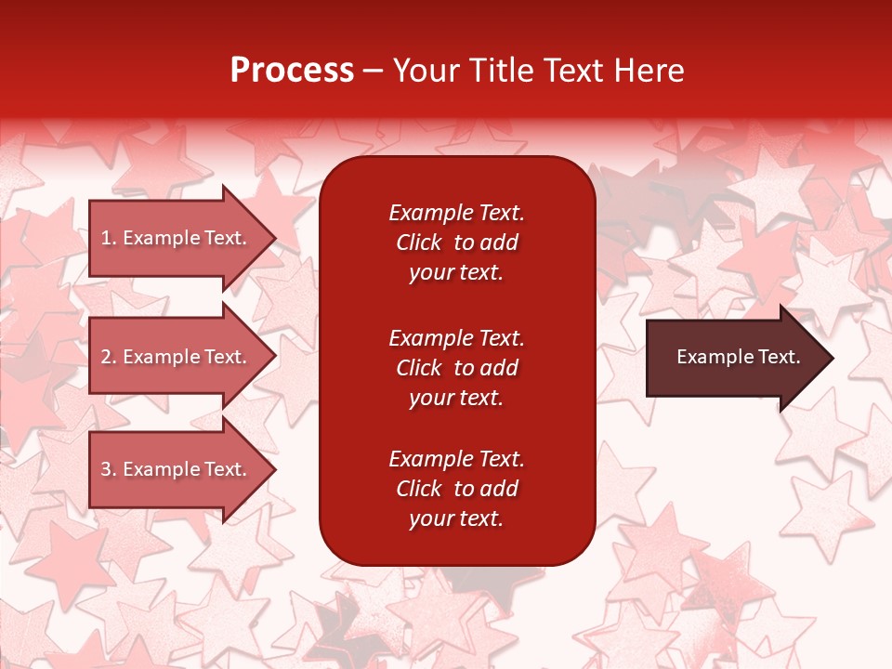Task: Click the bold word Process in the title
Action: click(x=292, y=71)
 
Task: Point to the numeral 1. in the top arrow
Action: click(x=109, y=238)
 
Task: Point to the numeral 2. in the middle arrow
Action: click(x=109, y=357)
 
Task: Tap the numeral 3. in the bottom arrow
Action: click(x=109, y=469)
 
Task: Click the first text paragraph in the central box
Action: click(x=456, y=243)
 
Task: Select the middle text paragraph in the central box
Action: click(x=456, y=368)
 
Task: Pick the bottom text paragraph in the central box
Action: click(x=456, y=489)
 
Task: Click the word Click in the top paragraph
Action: click(x=418, y=243)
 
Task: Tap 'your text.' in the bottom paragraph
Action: click(x=456, y=518)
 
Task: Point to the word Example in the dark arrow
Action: click(x=707, y=357)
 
